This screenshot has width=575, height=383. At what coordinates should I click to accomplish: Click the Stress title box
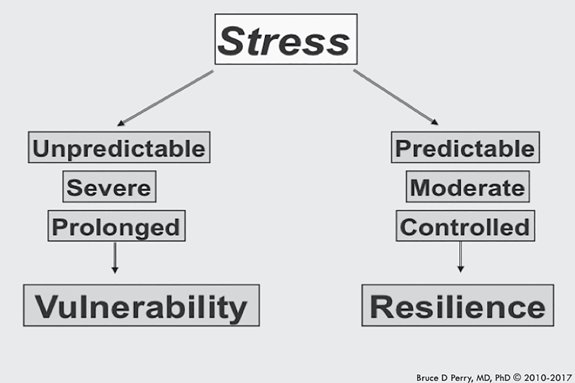point(286,39)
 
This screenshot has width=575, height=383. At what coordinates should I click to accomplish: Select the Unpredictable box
point(119,147)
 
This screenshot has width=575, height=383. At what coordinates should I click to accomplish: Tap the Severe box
point(109,187)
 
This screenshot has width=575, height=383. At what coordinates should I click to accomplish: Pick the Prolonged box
point(116,226)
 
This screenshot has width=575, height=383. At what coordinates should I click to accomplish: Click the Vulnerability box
point(141,305)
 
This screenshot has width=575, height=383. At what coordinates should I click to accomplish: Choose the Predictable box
point(465,147)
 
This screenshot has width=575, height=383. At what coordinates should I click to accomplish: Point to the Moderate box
point(468,187)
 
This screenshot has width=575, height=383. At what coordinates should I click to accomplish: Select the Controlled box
point(465,226)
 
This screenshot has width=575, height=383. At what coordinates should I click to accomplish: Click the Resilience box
point(458,305)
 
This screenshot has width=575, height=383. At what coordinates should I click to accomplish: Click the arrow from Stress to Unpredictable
point(165,98)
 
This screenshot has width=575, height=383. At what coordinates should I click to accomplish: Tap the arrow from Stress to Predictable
point(395,97)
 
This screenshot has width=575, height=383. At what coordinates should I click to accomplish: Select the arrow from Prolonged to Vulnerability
point(115,258)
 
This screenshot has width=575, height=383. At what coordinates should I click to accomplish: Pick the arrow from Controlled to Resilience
point(461,257)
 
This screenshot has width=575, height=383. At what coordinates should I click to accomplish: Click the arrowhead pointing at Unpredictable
point(121,123)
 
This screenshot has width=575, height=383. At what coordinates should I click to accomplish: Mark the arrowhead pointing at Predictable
point(434,122)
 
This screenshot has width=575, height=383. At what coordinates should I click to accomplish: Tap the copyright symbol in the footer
point(517,377)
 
